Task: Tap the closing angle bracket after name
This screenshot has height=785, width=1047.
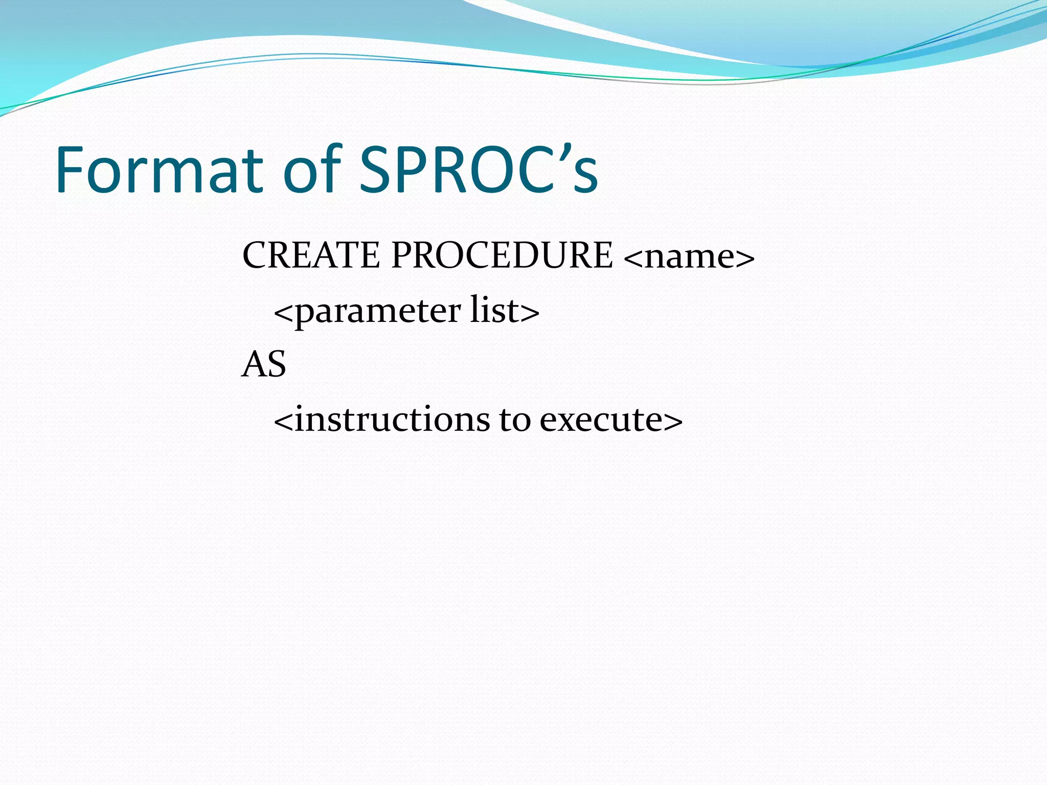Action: point(745,259)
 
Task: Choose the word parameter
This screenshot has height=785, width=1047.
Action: point(378,312)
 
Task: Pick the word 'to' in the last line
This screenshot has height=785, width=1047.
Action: point(515,420)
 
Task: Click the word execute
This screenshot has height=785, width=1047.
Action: point(601,420)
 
